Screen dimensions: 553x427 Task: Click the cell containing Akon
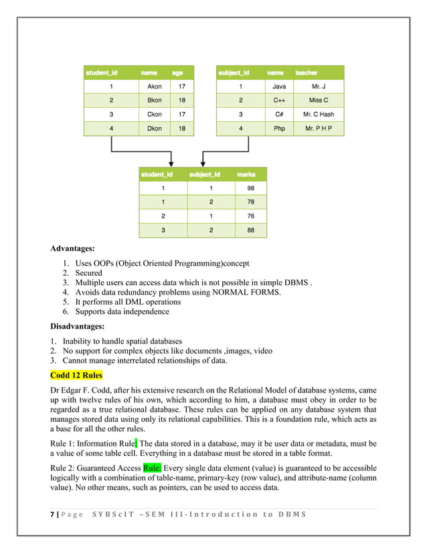pos(154,86)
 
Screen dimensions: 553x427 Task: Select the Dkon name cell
pos(154,129)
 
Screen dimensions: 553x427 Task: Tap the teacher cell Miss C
pos(319,100)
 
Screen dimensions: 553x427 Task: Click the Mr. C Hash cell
pos(319,114)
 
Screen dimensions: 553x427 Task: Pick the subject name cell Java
pos(279,86)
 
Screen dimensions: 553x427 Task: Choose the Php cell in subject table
pos(279,129)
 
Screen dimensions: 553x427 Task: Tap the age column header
pos(178,72)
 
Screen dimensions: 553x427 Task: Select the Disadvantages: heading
pos(82,327)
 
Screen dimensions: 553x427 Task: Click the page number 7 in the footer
pos(52,513)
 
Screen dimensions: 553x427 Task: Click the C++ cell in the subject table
pos(279,100)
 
